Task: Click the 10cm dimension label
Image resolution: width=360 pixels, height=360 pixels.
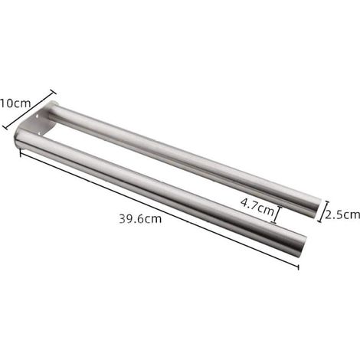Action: (x=15, y=103)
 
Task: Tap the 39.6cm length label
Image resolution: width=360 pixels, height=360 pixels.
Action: (x=140, y=219)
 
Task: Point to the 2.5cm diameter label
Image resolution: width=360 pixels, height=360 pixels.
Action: (x=342, y=214)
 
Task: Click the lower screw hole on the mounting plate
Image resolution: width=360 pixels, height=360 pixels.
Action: (x=40, y=133)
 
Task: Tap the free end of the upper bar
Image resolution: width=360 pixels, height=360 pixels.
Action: (x=316, y=208)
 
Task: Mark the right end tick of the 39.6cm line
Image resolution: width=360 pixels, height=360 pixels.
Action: (x=298, y=267)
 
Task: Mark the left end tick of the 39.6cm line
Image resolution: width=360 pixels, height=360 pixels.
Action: (x=21, y=152)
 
